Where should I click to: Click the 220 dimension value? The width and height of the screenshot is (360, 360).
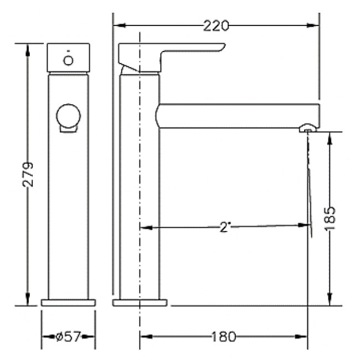[216, 25]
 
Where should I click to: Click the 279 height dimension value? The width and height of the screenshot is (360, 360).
[28, 174]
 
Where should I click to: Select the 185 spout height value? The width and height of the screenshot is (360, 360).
[330, 218]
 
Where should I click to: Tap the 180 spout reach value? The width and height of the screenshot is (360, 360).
[223, 337]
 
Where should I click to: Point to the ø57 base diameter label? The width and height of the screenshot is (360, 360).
[68, 337]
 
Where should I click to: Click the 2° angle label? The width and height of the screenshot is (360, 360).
[224, 227]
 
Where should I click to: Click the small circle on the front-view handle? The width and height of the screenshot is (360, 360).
[68, 60]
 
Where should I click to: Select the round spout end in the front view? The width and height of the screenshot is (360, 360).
[69, 116]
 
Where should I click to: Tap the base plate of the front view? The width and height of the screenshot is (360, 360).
[69, 302]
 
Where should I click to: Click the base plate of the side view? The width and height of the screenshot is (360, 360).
[140, 302]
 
